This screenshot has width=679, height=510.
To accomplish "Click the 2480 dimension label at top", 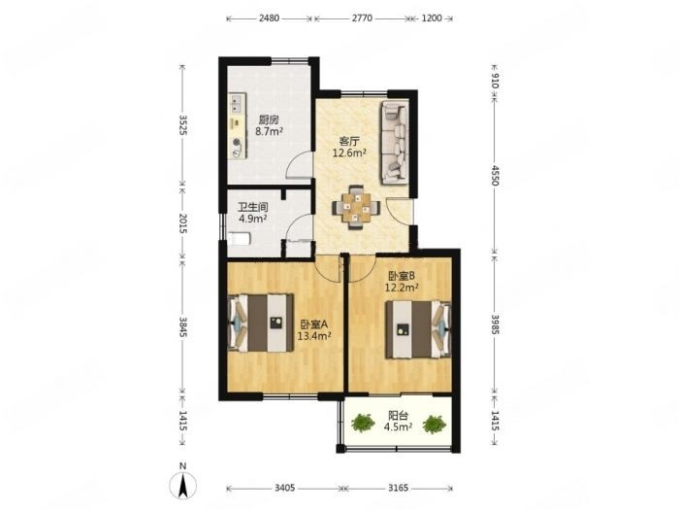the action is [269, 18].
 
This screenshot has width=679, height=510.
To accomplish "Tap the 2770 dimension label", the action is [362, 18].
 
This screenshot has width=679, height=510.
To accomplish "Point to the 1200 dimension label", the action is [432, 18].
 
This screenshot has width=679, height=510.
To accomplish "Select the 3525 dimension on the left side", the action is [182, 125].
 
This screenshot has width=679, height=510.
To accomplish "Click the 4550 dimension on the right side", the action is [495, 175].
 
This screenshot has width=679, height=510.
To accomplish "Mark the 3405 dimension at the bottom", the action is [284, 488].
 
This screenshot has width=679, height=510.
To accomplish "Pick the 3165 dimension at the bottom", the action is [398, 488].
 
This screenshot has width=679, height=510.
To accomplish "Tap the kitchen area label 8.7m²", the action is [269, 131].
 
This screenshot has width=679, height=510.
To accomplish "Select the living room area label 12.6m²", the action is [349, 153].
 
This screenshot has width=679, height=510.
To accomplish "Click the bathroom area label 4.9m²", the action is [252, 219].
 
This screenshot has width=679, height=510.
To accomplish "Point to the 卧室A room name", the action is [314, 323].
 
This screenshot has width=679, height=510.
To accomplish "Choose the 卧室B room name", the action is [402, 275].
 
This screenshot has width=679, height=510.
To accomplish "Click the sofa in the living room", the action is [394, 142].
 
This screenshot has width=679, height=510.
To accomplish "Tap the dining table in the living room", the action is [356, 207].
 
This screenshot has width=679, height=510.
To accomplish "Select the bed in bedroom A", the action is [261, 323].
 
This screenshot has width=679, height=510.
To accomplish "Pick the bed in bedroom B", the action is [418, 329].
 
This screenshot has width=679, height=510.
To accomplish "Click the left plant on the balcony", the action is [363, 423].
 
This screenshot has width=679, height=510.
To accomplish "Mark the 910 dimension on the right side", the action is [495, 81].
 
